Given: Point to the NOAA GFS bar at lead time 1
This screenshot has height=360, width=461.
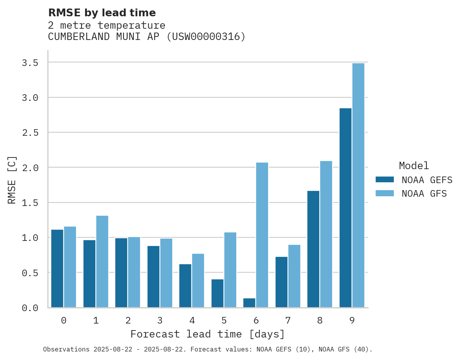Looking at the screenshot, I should click(x=102, y=261).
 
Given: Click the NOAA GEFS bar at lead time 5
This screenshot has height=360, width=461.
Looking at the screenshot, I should click(x=217, y=293).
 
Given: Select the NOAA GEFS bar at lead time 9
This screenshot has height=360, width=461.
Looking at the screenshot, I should click(x=345, y=208).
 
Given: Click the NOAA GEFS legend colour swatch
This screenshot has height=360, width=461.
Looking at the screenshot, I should click(x=385, y=180).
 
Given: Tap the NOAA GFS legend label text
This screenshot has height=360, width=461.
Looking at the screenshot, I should click(x=424, y=194).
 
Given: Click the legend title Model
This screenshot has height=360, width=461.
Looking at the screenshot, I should click(x=414, y=166).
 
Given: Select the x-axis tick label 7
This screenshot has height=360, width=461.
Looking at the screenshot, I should click(x=288, y=320).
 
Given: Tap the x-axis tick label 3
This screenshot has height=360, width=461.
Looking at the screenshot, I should click(x=159, y=320).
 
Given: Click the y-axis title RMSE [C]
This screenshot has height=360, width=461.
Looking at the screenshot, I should click(x=12, y=180).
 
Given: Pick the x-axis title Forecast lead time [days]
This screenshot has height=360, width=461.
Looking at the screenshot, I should click(x=208, y=334).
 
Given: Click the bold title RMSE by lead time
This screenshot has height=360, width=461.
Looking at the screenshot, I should click(x=102, y=13).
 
